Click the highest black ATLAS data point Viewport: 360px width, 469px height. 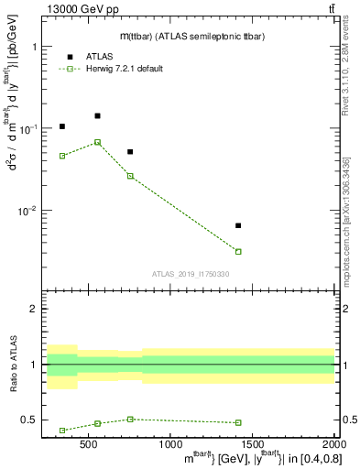pos(97,115)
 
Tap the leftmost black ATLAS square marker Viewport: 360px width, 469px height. pos(62,126)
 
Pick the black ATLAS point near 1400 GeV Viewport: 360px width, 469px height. pos(238,225)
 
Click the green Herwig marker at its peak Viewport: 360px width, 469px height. pos(97,142)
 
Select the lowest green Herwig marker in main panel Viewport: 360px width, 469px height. pos(238,251)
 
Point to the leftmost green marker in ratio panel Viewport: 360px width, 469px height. pos(62,430)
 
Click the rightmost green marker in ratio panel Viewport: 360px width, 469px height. pos(238,422)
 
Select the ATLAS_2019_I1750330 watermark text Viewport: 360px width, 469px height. pos(191,274)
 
